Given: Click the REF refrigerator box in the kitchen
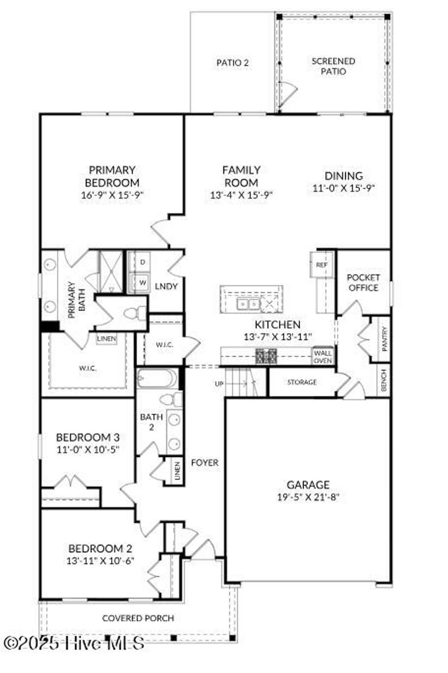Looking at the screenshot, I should coord(322,265).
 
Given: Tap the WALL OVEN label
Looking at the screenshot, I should coord(323,356).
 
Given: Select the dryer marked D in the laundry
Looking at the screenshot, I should coord(142,262).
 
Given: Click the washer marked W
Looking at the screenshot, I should coord(142,282).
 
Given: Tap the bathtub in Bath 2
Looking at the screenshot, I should coord(157,378).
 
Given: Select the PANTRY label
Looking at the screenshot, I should coord(384,339).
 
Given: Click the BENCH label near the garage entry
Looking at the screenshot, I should coord(384,380).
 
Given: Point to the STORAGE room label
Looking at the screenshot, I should coord(302,382).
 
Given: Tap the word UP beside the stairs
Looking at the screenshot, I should coord(219,384).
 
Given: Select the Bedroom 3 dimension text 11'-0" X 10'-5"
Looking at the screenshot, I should coord(87,449).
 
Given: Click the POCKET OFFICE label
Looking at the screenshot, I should coord(363,283).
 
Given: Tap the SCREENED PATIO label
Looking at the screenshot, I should coord(333,66).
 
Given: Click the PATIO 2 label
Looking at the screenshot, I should coord(233,63).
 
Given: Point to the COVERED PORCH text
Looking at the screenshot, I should coord(138,618).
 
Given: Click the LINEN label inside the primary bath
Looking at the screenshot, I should coord(107,338).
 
